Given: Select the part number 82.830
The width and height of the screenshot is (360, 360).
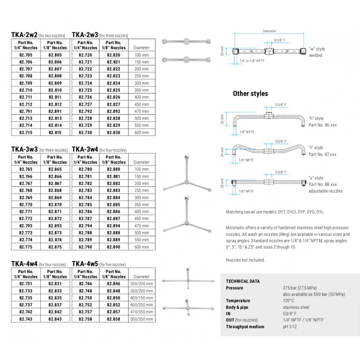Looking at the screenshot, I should point(113,133).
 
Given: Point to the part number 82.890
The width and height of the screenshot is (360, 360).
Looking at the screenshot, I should point(113,247).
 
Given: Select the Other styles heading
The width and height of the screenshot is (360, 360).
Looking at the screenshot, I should point(250,94).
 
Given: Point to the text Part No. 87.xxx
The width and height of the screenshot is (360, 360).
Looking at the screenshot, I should point(322,154).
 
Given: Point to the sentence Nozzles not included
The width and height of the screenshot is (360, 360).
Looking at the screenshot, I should point(245,260).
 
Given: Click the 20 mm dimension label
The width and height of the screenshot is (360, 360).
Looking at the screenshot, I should point(223,50).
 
